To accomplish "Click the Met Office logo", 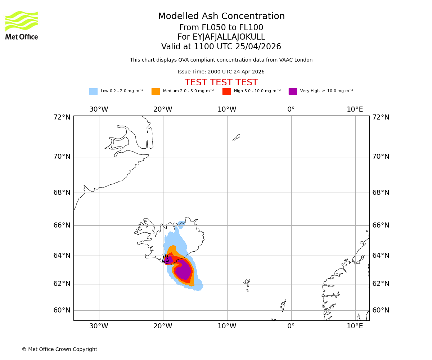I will click(x=22, y=25).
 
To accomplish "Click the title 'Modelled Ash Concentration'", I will click(x=221, y=17).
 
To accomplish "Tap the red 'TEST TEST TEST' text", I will click(x=221, y=83).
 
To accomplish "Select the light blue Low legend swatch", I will click(x=93, y=91).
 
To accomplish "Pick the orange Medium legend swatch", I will click(x=156, y=91).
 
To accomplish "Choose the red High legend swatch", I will click(x=226, y=91).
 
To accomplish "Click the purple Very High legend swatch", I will click(x=293, y=91).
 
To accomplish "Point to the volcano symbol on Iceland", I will click(x=165, y=258).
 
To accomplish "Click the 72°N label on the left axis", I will click(x=62, y=117).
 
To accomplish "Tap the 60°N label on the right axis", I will click(x=381, y=310).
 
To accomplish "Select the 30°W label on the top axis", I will click(x=99, y=109).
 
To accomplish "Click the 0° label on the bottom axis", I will click(x=291, y=326).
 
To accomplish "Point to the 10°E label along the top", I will click(x=355, y=109).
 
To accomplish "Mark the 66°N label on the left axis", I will click(x=62, y=225).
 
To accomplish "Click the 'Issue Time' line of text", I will click(x=221, y=72).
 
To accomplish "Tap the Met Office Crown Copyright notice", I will click(x=59, y=350).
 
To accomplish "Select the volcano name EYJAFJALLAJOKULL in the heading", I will click(x=221, y=37).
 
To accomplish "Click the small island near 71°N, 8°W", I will click(x=237, y=138).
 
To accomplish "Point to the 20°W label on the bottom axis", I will click(x=163, y=326).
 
